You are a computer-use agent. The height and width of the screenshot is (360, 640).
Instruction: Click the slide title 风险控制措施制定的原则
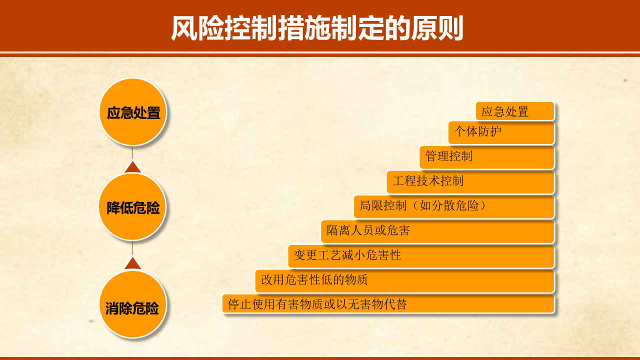pos(317,28)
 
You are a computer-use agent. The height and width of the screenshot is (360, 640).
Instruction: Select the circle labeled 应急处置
pos(132,112)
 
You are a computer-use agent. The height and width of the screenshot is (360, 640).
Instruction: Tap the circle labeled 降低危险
pos(132,207)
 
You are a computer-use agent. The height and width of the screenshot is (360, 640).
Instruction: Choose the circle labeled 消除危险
pos(132,304)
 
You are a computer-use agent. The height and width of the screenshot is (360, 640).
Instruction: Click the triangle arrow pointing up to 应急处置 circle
pos(132,167)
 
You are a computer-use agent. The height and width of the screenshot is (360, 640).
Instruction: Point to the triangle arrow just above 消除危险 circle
pos(132,263)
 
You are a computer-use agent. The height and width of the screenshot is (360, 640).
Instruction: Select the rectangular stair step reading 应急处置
pos(515,111)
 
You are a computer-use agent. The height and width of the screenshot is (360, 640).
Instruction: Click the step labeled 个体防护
pos(501,132)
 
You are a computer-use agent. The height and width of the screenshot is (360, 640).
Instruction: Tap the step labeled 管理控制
pos(486,157)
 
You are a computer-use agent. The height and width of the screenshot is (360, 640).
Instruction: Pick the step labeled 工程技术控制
pos(470,181)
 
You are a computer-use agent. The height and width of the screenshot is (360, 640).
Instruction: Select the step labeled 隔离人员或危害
pos(437,231)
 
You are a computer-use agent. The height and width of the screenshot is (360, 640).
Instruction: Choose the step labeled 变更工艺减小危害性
pos(421,256)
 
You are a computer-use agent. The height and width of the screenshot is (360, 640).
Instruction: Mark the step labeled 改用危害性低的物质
pos(404,280)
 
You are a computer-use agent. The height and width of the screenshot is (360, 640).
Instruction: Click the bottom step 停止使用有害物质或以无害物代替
pos(388,304)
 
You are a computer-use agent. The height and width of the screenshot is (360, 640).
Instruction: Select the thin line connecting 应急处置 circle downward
pos(132,152)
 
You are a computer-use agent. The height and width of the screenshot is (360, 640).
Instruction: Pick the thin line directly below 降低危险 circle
pos(132,248)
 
